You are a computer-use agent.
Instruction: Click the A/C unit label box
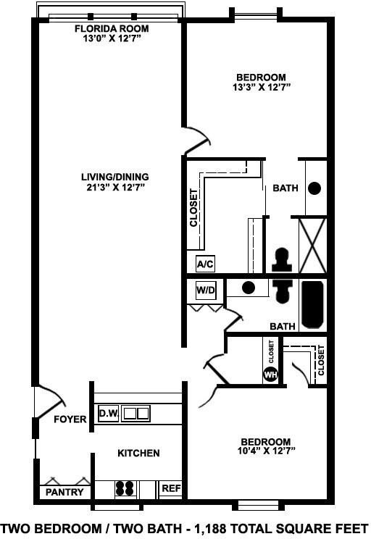[x=205, y=264]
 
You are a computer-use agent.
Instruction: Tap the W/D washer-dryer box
[x=207, y=291]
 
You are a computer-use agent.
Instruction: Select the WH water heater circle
[x=270, y=375]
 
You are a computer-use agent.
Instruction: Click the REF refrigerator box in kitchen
[x=170, y=489]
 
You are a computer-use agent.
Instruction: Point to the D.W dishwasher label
[x=108, y=414]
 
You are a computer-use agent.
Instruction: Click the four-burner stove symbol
[x=125, y=489]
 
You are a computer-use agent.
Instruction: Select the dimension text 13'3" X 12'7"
[x=262, y=88]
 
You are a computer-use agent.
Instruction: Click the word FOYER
[x=70, y=419]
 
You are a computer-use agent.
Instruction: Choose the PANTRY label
[x=64, y=493]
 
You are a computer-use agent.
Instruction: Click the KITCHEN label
[x=138, y=454]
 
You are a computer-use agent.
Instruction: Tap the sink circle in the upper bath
[x=314, y=188]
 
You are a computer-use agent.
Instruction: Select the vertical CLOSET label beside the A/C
[x=193, y=208]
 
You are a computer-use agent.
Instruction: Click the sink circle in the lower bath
[x=249, y=288]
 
